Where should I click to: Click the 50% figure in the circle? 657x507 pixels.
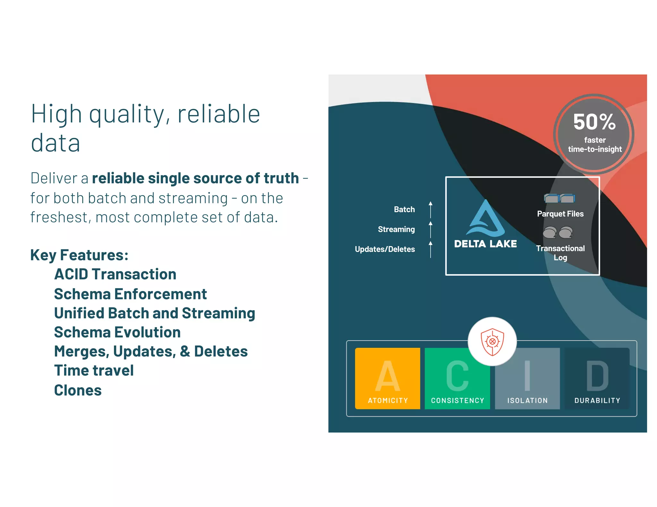pyautogui.click(x=594, y=122)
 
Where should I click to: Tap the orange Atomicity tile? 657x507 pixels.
pyautogui.click(x=388, y=378)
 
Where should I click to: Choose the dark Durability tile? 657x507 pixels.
pyautogui.click(x=597, y=378)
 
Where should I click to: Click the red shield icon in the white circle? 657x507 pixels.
pyautogui.click(x=492, y=342)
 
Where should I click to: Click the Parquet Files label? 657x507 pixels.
pyautogui.click(x=560, y=214)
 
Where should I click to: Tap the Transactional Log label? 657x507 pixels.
pyautogui.click(x=560, y=253)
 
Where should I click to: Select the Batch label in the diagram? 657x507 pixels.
pyautogui.click(x=404, y=209)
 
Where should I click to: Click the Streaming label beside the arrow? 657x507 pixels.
pyautogui.click(x=396, y=229)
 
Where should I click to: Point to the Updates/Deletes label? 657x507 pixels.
pyautogui.click(x=385, y=249)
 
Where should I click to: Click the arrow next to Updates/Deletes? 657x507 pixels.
pyautogui.click(x=431, y=249)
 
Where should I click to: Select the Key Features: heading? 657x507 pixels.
pyautogui.click(x=79, y=255)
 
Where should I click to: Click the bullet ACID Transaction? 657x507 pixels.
pyautogui.click(x=115, y=274)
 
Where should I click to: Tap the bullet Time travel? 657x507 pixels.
pyautogui.click(x=94, y=370)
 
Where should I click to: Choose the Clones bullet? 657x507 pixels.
pyautogui.click(x=78, y=390)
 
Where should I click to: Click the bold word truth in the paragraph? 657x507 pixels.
pyautogui.click(x=281, y=178)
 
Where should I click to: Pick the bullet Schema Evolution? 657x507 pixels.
pyautogui.click(x=117, y=332)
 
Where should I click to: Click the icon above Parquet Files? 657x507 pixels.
pyautogui.click(x=559, y=198)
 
